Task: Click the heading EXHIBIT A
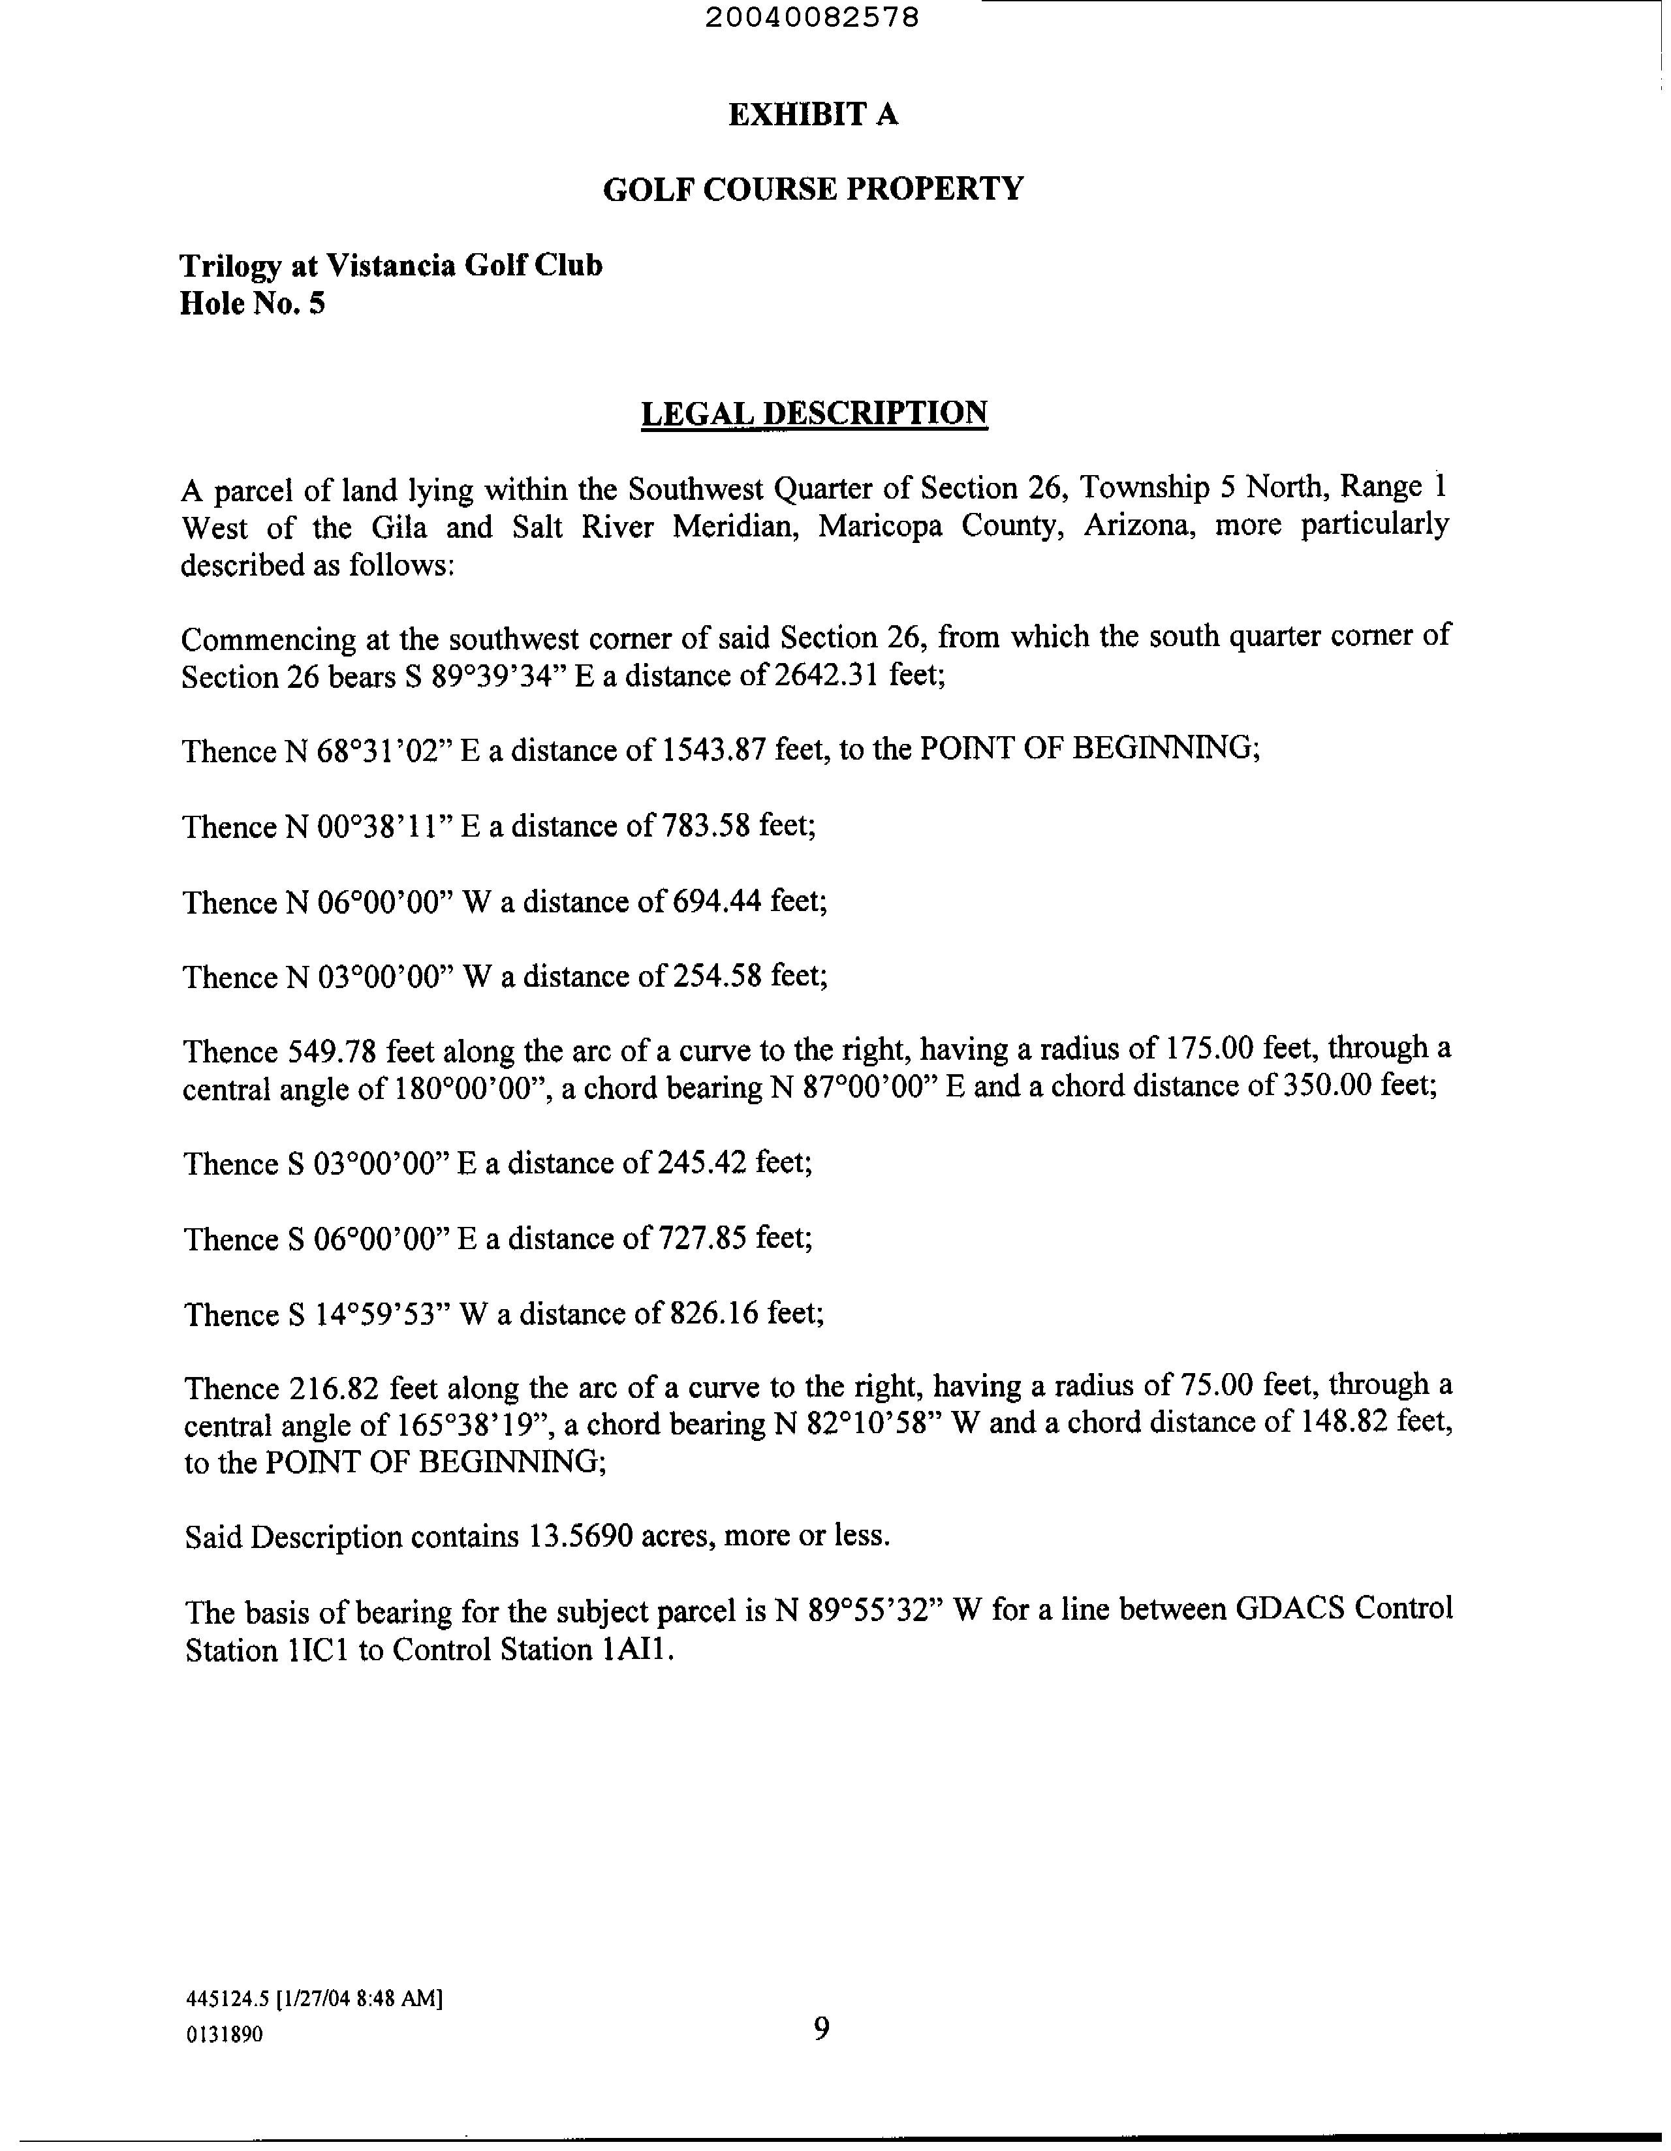click(x=813, y=116)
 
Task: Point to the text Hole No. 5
click(x=252, y=304)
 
